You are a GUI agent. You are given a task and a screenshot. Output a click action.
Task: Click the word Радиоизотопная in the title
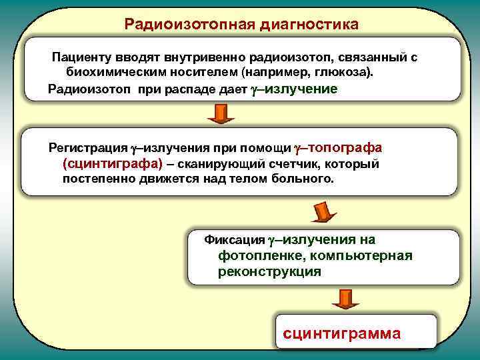[174, 25]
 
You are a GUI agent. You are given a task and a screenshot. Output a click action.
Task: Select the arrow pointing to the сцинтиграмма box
[347, 297]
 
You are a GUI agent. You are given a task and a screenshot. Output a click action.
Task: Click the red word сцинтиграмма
[342, 333]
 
